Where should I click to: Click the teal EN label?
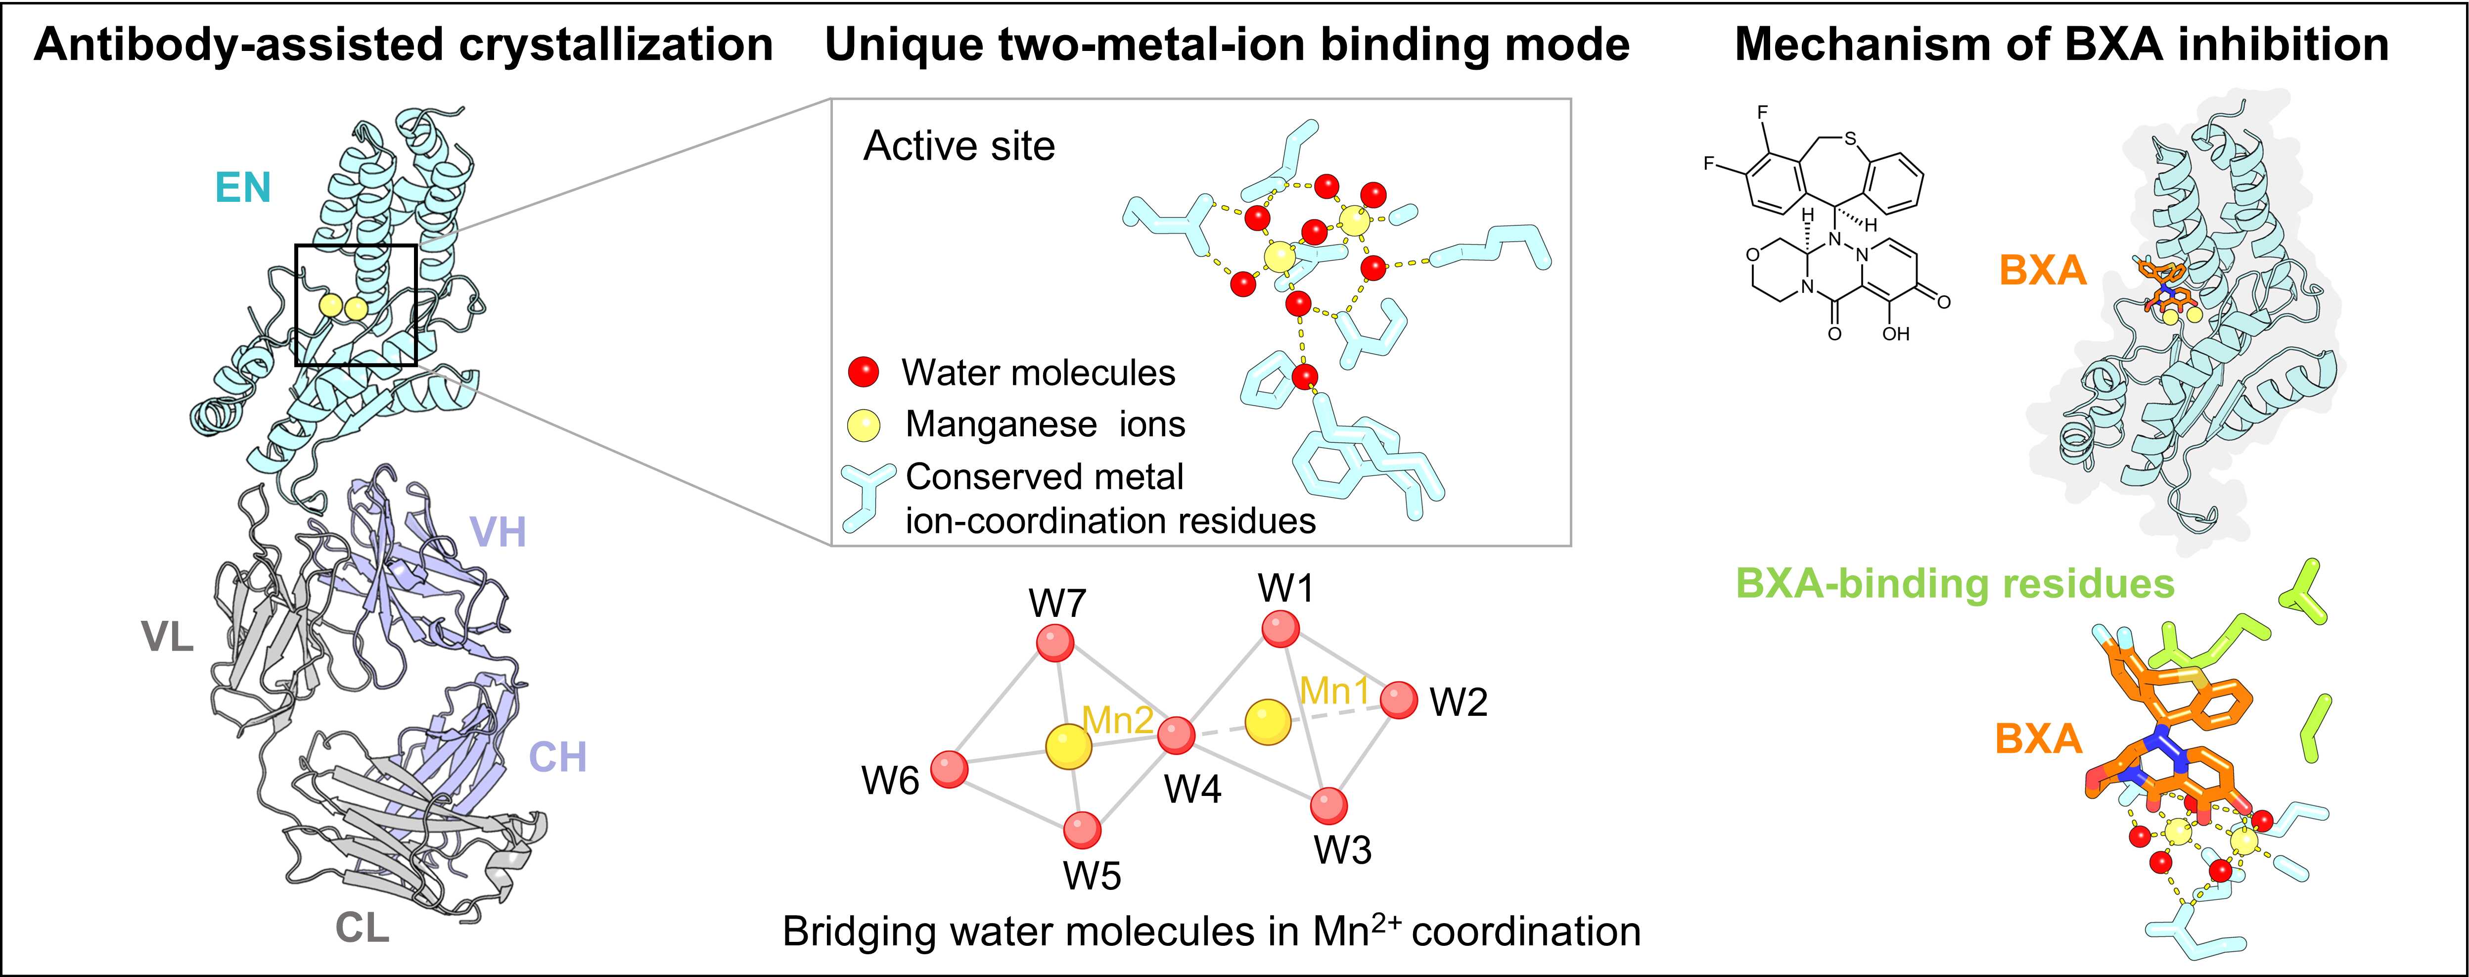click(x=243, y=188)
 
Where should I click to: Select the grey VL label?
click(x=168, y=638)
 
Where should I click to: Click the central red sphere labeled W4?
click(x=1175, y=737)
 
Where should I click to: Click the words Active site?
click(x=959, y=146)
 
